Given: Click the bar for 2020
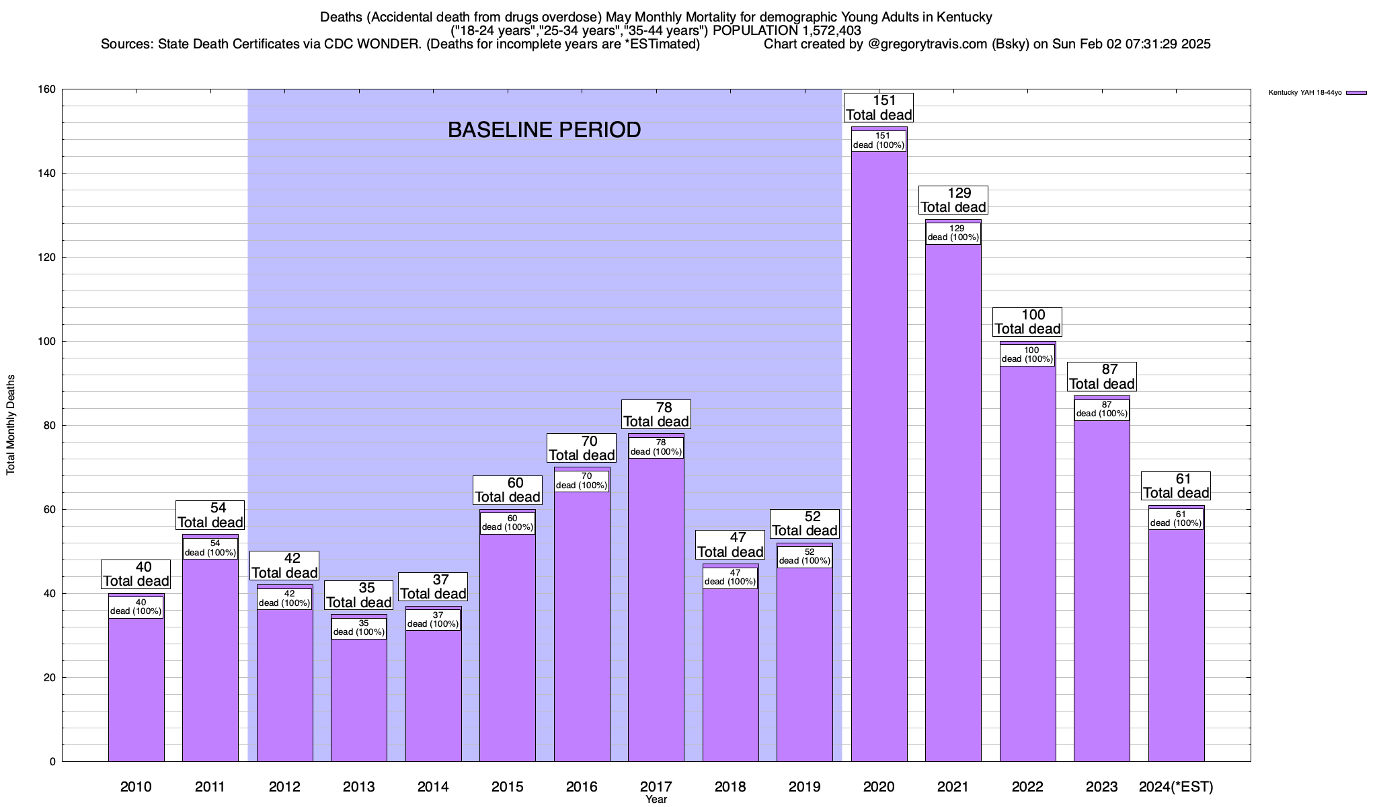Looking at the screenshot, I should (879, 457).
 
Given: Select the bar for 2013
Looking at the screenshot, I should (359, 699).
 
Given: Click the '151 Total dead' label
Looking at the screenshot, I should (879, 108).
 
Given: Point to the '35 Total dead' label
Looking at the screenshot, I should (359, 595).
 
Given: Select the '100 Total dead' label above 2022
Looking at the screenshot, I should (1027, 322).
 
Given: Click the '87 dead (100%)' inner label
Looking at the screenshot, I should (1101, 410).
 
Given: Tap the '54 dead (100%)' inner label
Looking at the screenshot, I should (210, 548).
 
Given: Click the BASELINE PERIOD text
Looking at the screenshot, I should (544, 130).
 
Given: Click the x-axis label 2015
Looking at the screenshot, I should (508, 787).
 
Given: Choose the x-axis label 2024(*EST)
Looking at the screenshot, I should (1176, 787).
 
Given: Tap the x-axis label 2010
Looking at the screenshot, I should (136, 787).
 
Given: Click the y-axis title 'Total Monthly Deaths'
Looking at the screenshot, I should (11, 425).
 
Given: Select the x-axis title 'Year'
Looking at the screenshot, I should (656, 800).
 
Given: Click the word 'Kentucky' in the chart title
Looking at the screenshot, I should (965, 17).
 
